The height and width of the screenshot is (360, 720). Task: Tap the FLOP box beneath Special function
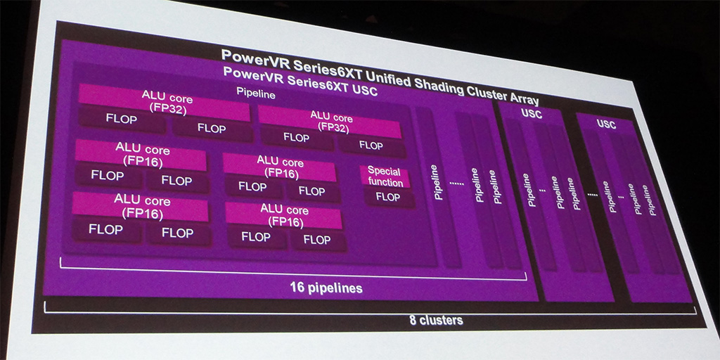[x=387, y=198]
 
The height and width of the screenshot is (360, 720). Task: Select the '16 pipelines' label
[x=326, y=288]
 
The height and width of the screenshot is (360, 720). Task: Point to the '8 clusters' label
[x=436, y=320]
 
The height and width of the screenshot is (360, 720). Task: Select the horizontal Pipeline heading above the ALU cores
[x=255, y=92]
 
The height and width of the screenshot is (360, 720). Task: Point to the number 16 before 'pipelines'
[x=299, y=287]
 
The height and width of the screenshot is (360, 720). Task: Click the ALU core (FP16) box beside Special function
[x=279, y=167]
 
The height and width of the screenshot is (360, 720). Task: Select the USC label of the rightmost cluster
[x=606, y=124]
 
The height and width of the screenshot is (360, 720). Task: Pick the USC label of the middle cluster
[x=532, y=114]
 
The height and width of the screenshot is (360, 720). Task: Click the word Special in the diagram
[x=384, y=171]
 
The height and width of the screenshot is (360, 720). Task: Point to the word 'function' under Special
[x=385, y=182]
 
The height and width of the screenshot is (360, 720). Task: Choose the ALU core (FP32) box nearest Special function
[x=330, y=121]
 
